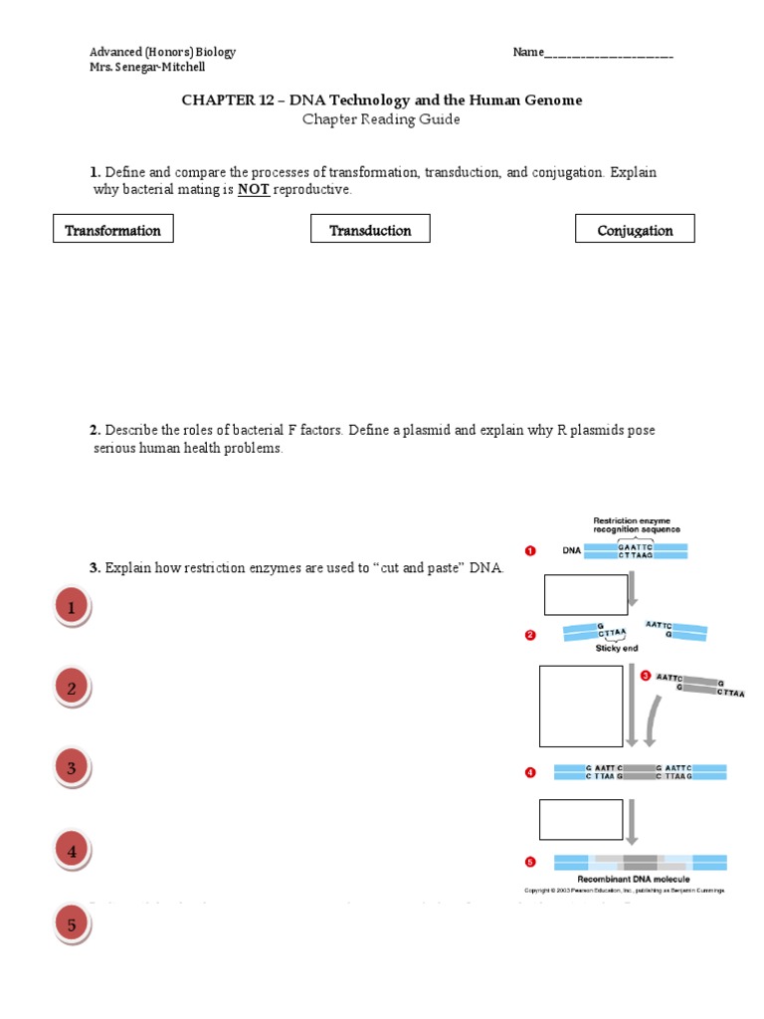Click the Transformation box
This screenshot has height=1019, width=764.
pos(113,230)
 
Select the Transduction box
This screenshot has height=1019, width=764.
pos(370,230)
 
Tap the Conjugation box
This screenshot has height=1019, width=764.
pos(635,230)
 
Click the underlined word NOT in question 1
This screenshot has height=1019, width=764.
pos(254,190)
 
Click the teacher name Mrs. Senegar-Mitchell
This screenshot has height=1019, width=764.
pos(147,68)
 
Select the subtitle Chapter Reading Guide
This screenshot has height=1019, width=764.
pos(382,119)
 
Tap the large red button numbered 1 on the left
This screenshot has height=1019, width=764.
pos(72,607)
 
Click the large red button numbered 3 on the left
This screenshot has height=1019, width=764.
pos(72,768)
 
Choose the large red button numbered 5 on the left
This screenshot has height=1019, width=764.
pos(72,925)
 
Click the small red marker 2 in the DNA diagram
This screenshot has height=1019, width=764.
pos(530,635)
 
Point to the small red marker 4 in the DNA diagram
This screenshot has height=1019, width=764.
pos(530,771)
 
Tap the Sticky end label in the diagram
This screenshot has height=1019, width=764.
pos(617,648)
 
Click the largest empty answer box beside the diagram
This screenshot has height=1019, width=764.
pos(581,706)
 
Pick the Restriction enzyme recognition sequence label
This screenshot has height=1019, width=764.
pos(637,524)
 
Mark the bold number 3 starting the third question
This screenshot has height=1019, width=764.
pos(95,568)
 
